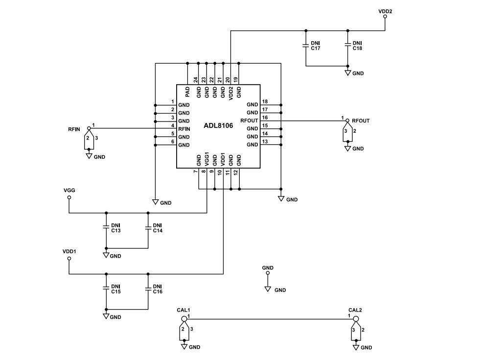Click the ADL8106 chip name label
pyautogui.click(x=218, y=126)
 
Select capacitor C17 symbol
pyautogui.click(x=305, y=47)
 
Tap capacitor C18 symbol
pyautogui.click(x=347, y=47)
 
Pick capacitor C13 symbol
pyautogui.click(x=106, y=227)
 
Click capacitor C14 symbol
pyautogui.click(x=148, y=227)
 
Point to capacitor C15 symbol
pyautogui.click(x=106, y=288)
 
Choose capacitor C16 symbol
pyautogui.click(x=148, y=288)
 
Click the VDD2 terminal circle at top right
pyautogui.click(x=385, y=16)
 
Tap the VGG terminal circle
pyautogui.click(x=69, y=197)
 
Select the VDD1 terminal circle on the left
pyautogui.click(x=69, y=259)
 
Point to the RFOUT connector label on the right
pyautogui.click(x=361, y=120)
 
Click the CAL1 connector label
pyautogui.click(x=183, y=310)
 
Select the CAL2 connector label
pyautogui.click(x=355, y=310)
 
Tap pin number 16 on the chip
pyautogui.click(x=265, y=118)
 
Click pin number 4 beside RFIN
pyautogui.click(x=173, y=126)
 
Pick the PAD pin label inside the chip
pyautogui.click(x=188, y=92)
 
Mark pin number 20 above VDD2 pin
pyautogui.click(x=228, y=79)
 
